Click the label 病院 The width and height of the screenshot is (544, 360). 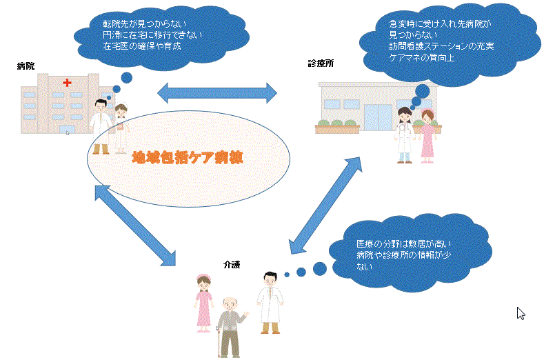point(26,66)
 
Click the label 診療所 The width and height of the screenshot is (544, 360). point(320,63)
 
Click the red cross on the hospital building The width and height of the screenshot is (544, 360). point(67,83)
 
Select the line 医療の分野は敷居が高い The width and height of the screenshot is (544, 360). point(403,244)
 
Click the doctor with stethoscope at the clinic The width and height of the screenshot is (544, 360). point(404,131)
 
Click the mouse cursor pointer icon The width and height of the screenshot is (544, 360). point(521,313)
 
